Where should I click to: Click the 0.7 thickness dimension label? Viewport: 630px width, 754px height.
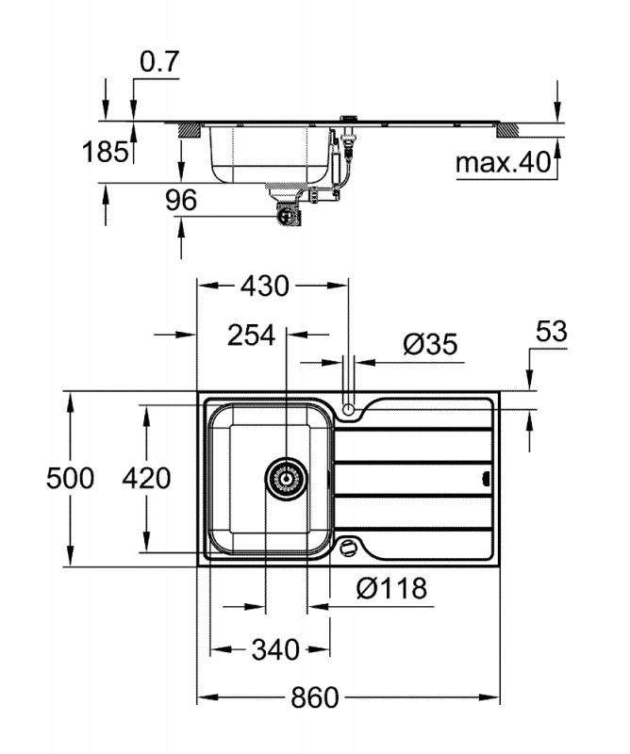click(x=159, y=61)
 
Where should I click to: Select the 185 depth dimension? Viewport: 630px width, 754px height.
click(x=106, y=152)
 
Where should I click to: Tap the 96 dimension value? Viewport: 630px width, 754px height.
click(x=181, y=200)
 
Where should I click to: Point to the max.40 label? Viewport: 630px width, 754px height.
click(x=503, y=162)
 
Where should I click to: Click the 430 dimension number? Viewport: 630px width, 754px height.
click(x=265, y=287)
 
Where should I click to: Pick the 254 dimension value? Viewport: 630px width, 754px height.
click(x=251, y=336)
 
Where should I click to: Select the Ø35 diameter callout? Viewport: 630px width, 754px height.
click(x=431, y=344)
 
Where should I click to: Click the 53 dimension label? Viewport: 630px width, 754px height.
click(x=552, y=332)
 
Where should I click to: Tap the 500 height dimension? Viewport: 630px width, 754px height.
click(x=71, y=479)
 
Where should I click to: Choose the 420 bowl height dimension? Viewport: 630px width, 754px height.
click(x=146, y=479)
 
